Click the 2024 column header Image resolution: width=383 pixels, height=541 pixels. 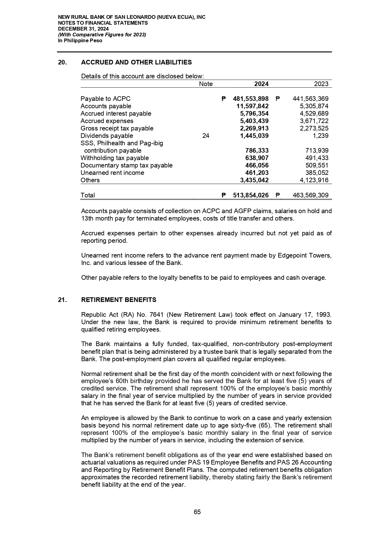[261, 84]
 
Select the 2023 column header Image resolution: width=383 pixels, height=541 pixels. [321, 84]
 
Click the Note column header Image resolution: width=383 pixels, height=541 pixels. [206, 84]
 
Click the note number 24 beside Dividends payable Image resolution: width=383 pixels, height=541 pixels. [206, 136]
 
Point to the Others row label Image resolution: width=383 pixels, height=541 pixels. [90, 180]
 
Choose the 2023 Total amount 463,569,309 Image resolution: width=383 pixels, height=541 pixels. [310, 195]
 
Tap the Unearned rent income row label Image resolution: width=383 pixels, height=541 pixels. [112, 173]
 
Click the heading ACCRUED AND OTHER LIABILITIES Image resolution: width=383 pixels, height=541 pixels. [136, 62]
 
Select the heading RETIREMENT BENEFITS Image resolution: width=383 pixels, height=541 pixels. [119, 300]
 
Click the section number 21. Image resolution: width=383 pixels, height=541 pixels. [62, 300]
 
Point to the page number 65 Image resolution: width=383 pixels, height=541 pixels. [197, 512]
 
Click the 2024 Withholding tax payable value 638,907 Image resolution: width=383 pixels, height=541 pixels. [257, 158]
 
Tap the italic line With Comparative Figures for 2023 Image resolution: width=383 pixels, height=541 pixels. [102, 35]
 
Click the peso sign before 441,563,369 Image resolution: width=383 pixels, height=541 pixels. [277, 99]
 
